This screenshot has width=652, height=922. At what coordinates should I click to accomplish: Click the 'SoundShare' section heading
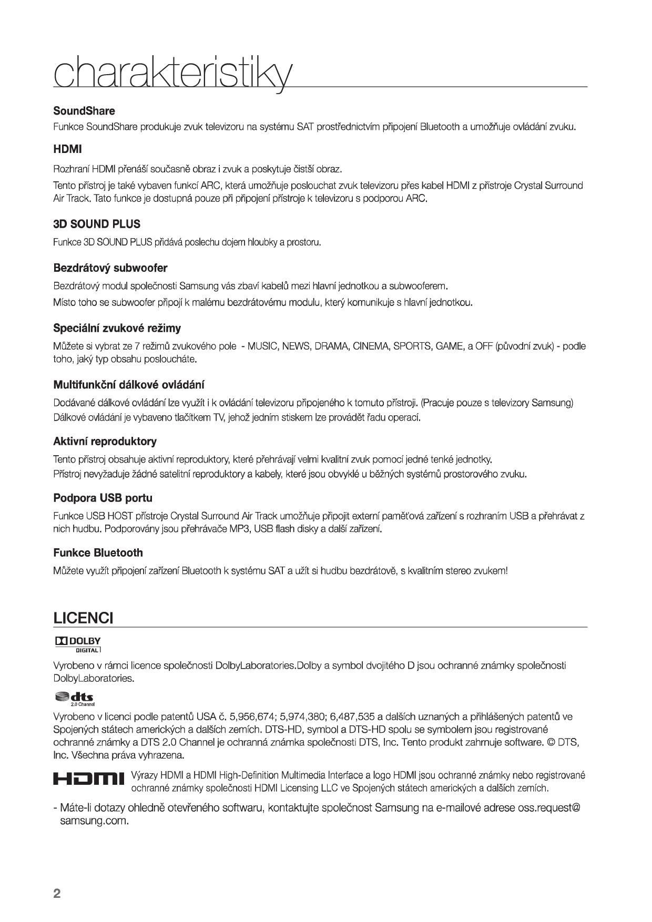tap(84, 111)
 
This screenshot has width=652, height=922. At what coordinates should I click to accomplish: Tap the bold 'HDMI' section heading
tap(67, 149)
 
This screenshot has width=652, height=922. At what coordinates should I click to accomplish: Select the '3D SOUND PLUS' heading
tap(97, 224)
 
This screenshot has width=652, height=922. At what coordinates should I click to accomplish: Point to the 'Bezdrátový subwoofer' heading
tap(110, 268)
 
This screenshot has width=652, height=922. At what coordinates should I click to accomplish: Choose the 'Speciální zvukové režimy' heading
tap(117, 328)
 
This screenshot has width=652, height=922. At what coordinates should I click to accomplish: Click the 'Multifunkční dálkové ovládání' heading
tap(129, 385)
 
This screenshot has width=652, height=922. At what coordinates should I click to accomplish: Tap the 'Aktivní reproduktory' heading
tap(105, 441)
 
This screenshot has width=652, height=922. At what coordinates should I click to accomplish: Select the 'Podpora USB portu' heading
tap(103, 498)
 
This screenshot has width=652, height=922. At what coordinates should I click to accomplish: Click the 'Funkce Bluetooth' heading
tap(98, 552)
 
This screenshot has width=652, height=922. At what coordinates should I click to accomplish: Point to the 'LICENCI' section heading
tap(83, 618)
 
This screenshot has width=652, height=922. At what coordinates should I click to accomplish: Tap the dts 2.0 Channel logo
tap(75, 698)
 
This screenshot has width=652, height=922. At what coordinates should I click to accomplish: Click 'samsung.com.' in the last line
tap(95, 821)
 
